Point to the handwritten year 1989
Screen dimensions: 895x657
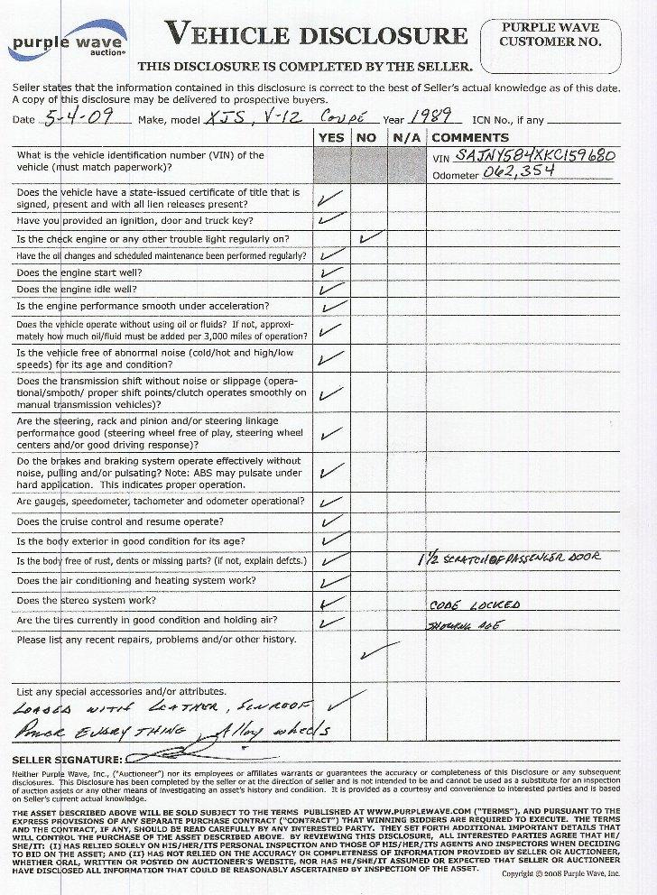coord(431,118)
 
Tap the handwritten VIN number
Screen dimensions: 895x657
coord(538,156)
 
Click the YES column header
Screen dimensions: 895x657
coord(331,137)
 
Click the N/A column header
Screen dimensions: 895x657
coord(403,137)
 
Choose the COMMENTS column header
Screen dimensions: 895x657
coord(465,137)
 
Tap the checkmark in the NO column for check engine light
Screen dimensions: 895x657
coord(370,238)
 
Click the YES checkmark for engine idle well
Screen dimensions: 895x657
coord(331,290)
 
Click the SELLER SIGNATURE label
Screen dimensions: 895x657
coord(65,760)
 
